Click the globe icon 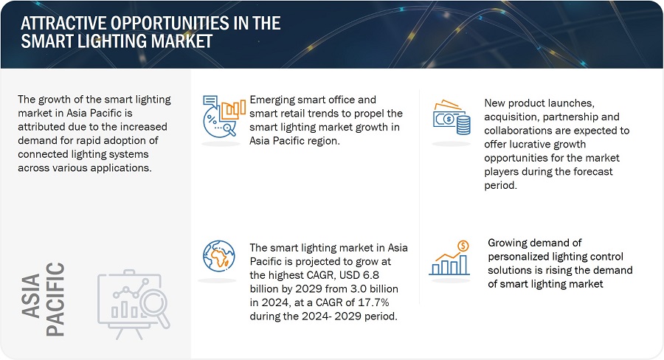[x=219, y=255]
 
